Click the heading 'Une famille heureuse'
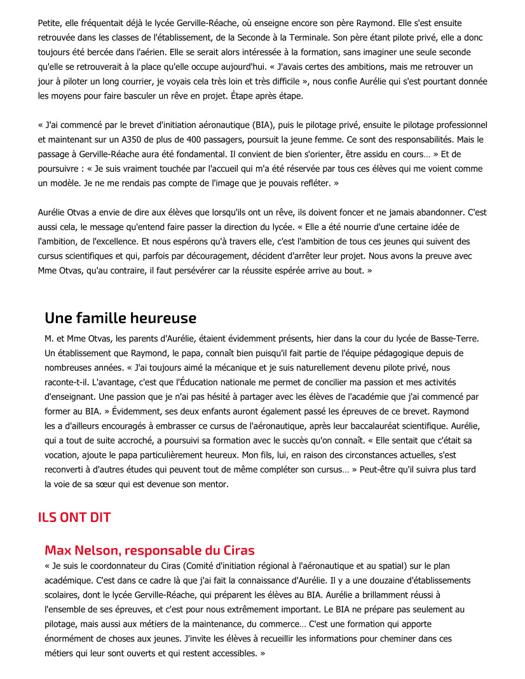tap(120, 318)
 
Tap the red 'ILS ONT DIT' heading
tap(74, 517)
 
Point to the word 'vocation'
tap(62, 455)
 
